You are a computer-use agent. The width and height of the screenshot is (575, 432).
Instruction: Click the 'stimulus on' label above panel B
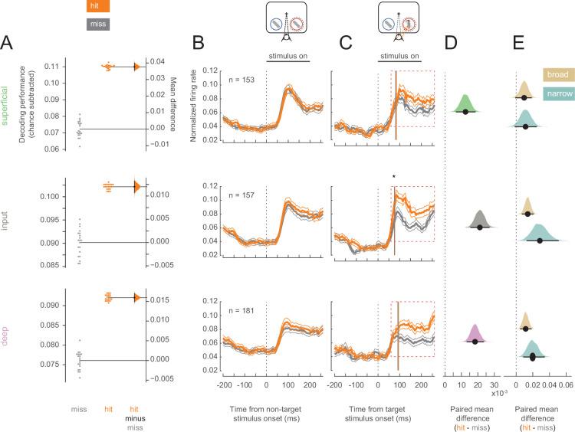click(x=288, y=56)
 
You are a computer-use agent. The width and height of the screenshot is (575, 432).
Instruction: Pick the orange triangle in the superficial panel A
click(x=136, y=67)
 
